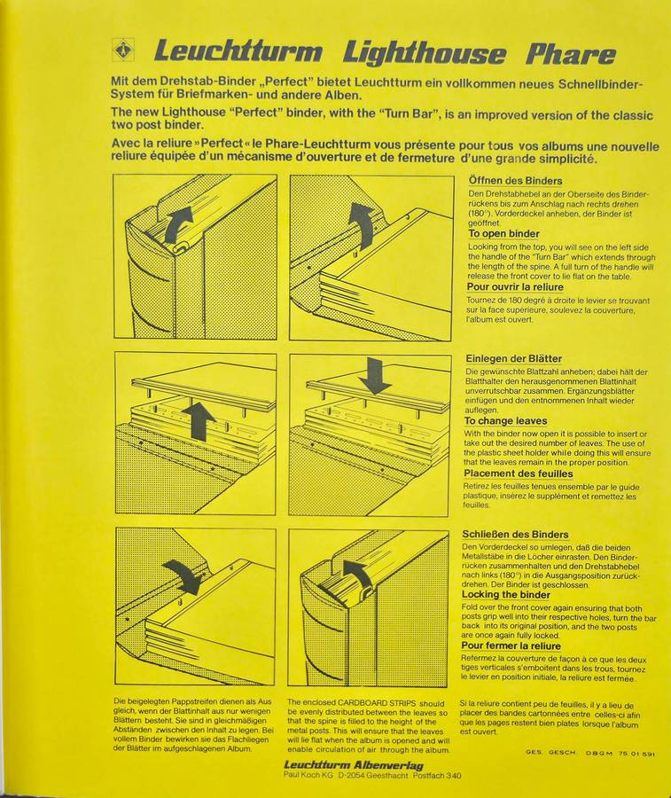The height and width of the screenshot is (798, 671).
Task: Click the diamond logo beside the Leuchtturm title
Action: point(122,51)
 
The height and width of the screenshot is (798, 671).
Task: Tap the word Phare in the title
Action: point(571,52)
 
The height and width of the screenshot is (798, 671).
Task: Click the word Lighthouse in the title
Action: point(425,53)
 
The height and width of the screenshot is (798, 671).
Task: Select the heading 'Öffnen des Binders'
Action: point(515,181)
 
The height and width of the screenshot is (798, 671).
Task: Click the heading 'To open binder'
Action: point(503,233)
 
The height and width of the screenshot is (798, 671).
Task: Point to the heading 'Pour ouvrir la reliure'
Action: point(515,287)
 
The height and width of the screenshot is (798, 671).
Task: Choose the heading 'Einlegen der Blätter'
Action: point(514,359)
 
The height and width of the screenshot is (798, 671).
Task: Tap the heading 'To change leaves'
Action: point(505,421)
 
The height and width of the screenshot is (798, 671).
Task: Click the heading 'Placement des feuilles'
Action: point(518,473)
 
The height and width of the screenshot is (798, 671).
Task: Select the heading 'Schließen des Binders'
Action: point(515,535)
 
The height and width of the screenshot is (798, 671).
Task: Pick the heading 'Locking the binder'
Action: point(505,594)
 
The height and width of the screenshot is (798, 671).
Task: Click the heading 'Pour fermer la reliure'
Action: point(511,645)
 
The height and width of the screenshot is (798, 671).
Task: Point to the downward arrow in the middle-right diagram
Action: point(374,376)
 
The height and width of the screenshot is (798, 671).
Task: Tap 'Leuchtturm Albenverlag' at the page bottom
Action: point(353,765)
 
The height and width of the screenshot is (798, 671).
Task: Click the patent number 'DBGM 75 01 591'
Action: point(620,753)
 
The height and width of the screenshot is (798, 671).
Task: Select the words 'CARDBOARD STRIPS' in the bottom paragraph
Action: point(378,703)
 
